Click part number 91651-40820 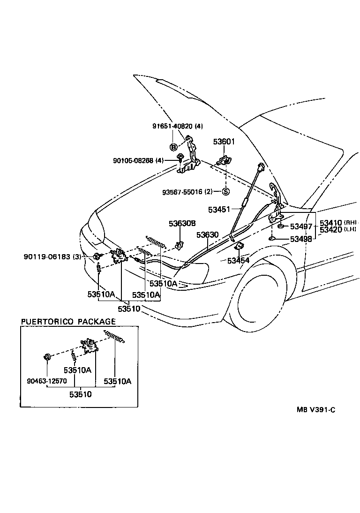[171, 126]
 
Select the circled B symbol [173, 147]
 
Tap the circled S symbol [225, 191]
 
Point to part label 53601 [224, 141]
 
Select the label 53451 [219, 209]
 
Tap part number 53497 [301, 226]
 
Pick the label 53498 [301, 240]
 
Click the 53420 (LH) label [337, 229]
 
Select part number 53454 [238, 260]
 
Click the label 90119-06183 [45, 256]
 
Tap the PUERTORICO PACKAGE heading [68, 321]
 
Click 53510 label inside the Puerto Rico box [80, 394]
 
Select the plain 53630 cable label [208, 234]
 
